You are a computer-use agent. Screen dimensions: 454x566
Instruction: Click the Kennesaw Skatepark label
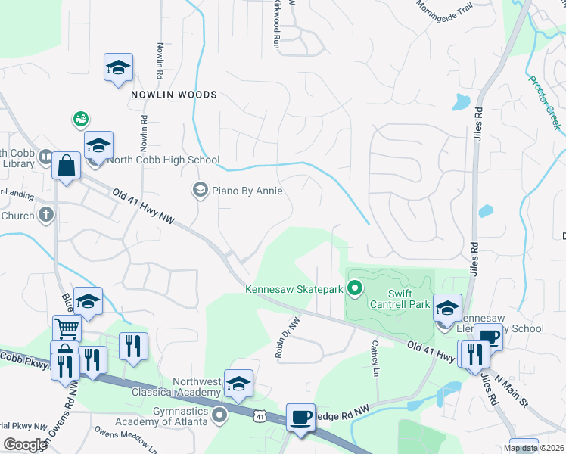294,288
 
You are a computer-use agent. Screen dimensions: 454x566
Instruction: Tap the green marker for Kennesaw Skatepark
353,288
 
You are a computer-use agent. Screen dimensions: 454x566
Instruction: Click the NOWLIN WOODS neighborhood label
173,95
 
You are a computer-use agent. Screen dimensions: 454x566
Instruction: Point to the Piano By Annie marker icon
200,190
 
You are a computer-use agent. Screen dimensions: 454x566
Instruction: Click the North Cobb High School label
163,160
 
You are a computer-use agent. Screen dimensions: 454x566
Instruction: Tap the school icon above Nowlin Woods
118,68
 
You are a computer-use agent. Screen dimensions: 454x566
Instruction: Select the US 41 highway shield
260,416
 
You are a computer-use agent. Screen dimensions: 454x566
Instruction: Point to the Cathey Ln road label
374,359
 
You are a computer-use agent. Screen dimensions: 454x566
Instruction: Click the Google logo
25,444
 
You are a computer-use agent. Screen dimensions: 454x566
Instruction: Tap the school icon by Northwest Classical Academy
238,384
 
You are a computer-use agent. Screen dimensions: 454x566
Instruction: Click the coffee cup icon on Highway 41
300,417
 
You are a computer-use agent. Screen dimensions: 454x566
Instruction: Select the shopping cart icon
67,328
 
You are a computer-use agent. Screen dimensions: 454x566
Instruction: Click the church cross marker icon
45,215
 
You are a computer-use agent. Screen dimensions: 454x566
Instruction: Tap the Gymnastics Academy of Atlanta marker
219,415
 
